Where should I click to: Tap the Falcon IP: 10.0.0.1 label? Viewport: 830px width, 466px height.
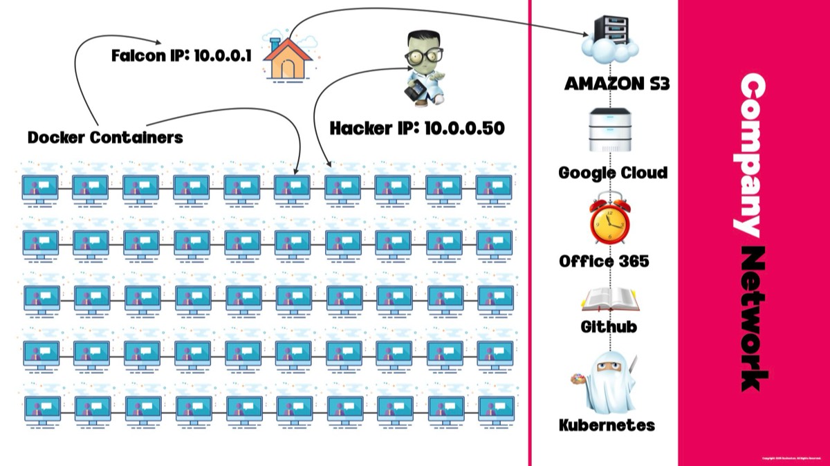pos(183,55)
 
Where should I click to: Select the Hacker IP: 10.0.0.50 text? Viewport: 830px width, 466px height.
pos(416,128)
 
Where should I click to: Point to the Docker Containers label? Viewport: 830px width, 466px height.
pos(105,137)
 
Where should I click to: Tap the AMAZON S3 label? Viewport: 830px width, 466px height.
pos(618,84)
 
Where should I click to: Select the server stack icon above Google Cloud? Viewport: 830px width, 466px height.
pos(609,130)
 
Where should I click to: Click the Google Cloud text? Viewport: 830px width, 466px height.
pos(613,172)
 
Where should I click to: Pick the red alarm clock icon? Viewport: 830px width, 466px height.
pos(609,219)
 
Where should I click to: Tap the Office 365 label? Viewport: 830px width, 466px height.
pos(604,261)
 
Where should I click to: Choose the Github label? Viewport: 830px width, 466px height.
pos(609,326)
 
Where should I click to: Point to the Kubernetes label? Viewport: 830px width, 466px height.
pos(607,425)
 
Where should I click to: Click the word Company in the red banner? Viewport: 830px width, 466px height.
pos(753,156)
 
